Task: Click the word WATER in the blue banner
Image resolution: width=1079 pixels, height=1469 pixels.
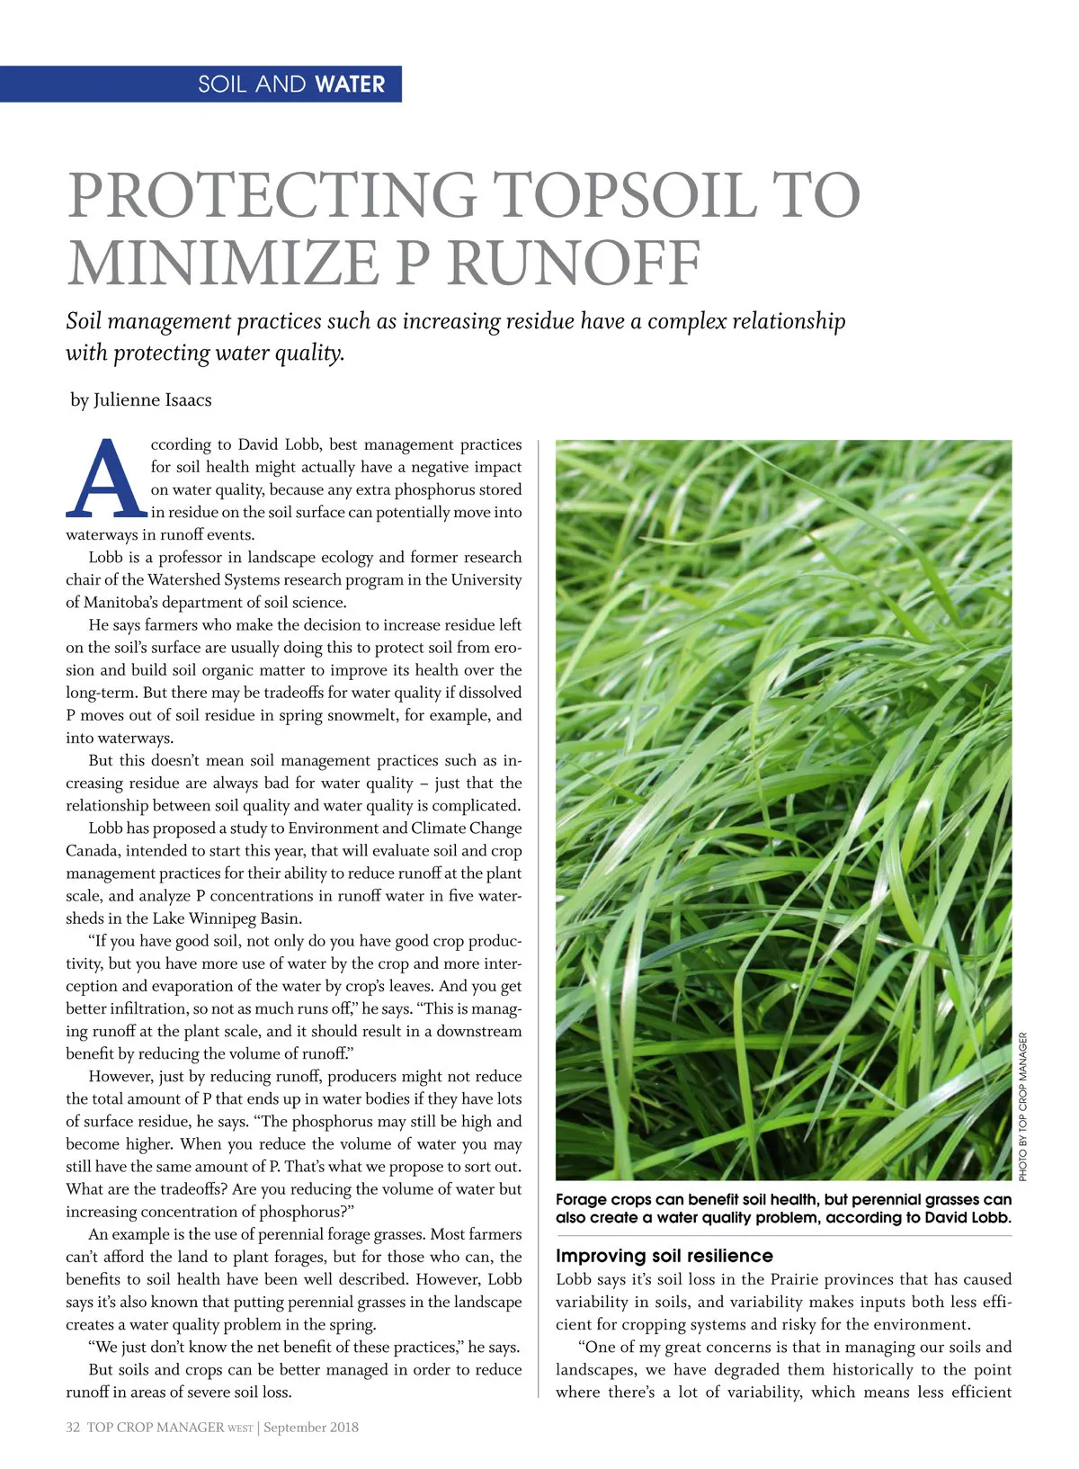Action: click(350, 85)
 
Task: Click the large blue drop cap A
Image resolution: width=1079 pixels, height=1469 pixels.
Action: click(105, 479)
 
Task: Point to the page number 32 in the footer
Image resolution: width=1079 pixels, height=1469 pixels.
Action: click(73, 1427)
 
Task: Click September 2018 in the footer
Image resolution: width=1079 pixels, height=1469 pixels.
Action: click(311, 1427)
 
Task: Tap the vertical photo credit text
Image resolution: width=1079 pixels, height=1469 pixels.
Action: click(1022, 1106)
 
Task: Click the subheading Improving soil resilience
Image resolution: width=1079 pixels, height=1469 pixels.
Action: click(664, 1256)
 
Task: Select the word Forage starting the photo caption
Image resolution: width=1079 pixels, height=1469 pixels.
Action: click(581, 1200)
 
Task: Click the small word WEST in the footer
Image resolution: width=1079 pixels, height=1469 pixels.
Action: click(240, 1428)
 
